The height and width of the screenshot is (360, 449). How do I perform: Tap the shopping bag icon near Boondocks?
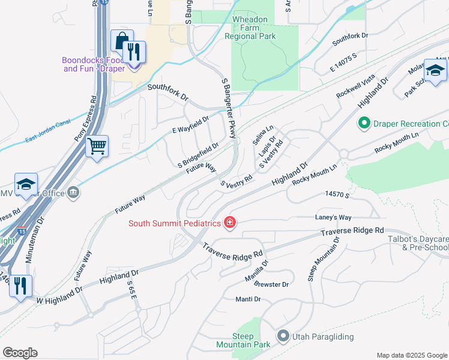pyautogui.click(x=121, y=41)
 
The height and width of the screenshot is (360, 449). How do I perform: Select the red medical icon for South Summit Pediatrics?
pyautogui.click(x=229, y=223)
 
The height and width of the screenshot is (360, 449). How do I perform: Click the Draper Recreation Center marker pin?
pyautogui.click(x=363, y=124)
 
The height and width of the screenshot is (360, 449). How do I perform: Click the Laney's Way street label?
pyautogui.click(x=333, y=217)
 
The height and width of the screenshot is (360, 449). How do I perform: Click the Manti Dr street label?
pyautogui.click(x=248, y=299)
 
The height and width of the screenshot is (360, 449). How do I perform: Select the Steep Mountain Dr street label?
pyautogui.click(x=324, y=259)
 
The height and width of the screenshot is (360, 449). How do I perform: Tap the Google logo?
pyautogui.click(x=20, y=353)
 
